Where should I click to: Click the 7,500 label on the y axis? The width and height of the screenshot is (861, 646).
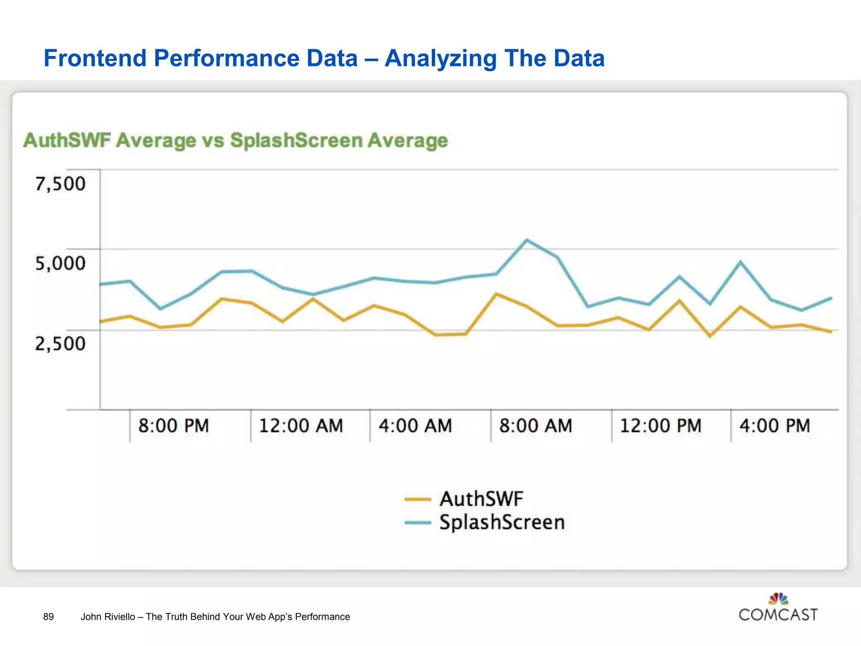click(x=60, y=184)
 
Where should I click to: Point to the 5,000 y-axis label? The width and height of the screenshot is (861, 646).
click(x=60, y=263)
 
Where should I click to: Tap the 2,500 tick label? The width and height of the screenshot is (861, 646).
click(x=60, y=343)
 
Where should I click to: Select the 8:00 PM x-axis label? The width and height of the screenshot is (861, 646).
click(x=174, y=426)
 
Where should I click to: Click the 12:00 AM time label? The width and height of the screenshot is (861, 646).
click(x=301, y=426)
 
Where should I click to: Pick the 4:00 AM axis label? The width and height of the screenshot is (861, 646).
click(x=415, y=426)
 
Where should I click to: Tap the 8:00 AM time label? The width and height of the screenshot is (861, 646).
click(x=536, y=426)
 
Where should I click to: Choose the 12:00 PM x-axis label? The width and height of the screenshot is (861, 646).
click(x=660, y=426)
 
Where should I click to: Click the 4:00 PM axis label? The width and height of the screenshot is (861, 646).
click(x=775, y=426)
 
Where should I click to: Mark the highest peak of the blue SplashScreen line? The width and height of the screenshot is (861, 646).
click(x=527, y=240)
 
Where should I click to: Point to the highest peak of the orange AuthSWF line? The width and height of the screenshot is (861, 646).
click(x=497, y=294)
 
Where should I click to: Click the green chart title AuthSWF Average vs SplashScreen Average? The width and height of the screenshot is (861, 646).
click(x=235, y=140)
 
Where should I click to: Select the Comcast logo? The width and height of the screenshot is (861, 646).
click(x=778, y=608)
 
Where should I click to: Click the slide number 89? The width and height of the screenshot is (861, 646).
click(x=48, y=617)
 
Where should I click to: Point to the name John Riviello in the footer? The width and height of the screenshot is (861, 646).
click(x=108, y=617)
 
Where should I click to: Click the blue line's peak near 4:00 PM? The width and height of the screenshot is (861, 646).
click(x=740, y=262)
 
